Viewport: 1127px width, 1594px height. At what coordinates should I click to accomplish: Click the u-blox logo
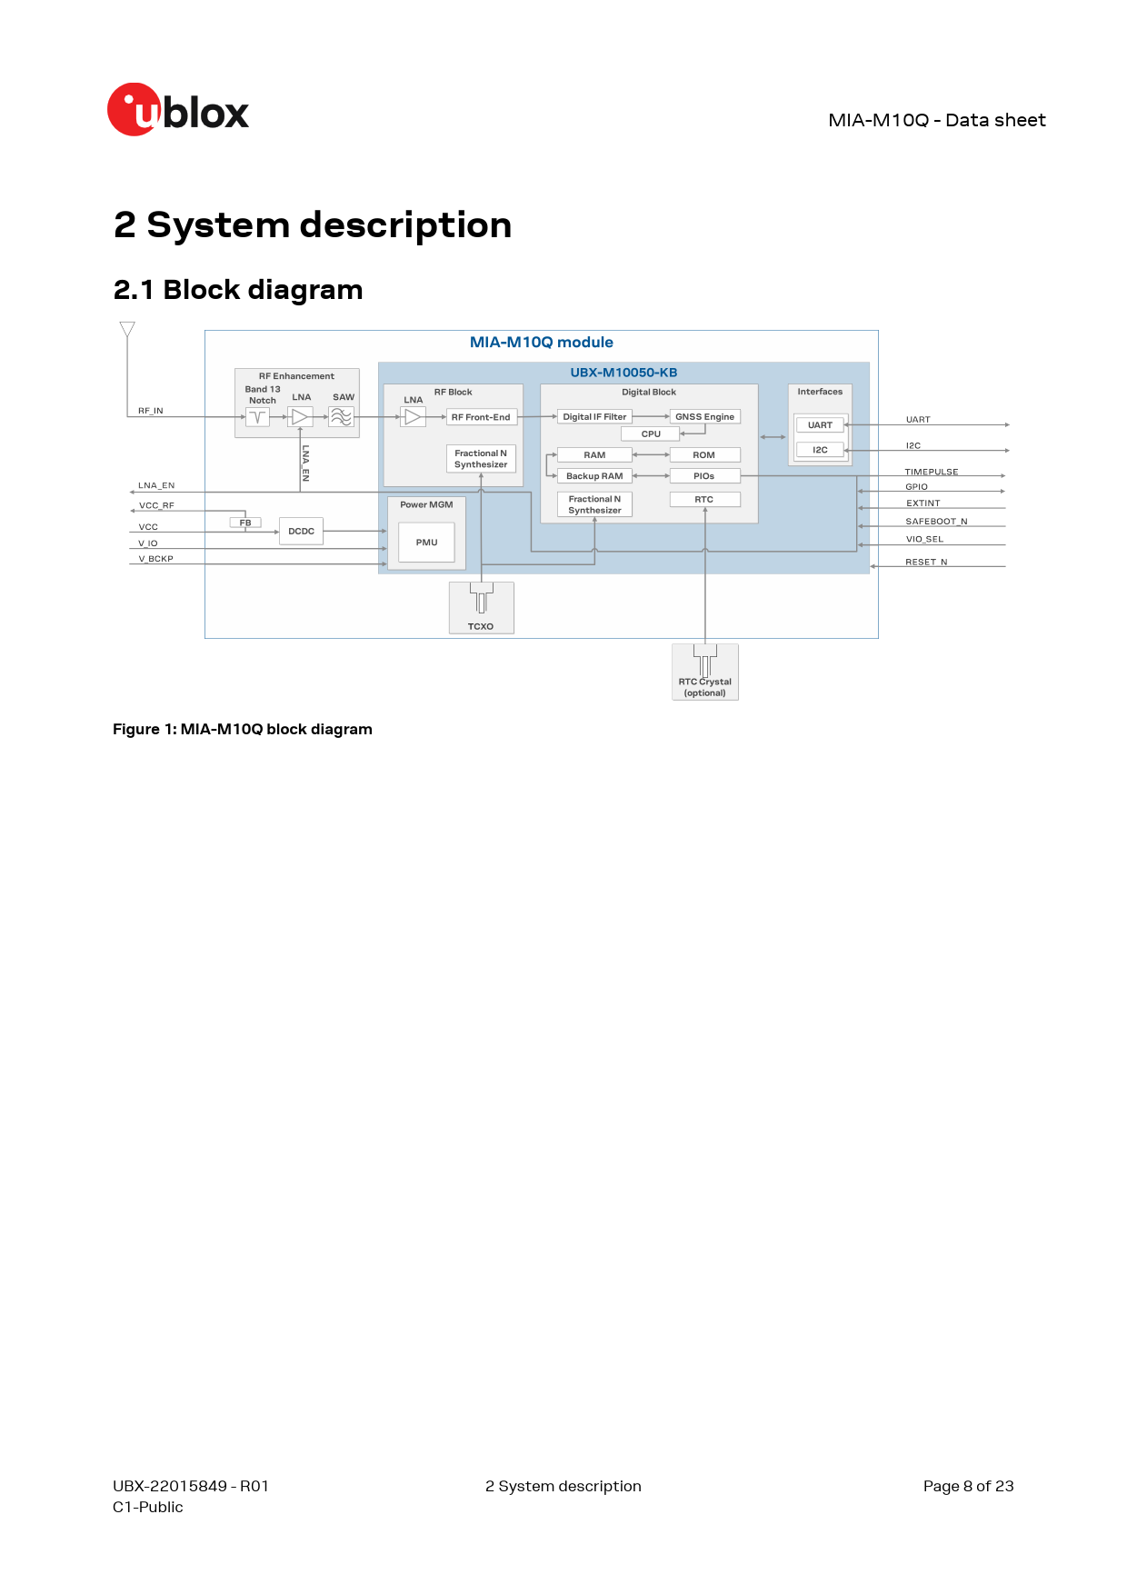point(178,110)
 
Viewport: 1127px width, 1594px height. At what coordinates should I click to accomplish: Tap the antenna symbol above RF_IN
point(127,329)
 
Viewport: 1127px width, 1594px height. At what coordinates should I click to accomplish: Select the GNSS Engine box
point(704,417)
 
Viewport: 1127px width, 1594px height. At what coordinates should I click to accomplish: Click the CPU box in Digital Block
point(651,434)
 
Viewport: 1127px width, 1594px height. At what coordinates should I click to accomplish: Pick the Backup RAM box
point(594,476)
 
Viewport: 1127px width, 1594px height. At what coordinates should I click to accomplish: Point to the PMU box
point(426,543)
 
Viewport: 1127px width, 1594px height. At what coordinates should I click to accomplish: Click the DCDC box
point(301,532)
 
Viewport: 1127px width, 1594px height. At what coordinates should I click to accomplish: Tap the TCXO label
point(481,627)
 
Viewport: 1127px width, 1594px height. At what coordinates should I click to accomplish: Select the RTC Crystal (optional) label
point(705,687)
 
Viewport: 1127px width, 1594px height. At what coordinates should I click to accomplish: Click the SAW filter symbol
point(341,417)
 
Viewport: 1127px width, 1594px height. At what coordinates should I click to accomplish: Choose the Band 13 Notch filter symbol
point(258,417)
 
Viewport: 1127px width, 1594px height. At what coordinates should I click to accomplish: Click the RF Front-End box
point(481,417)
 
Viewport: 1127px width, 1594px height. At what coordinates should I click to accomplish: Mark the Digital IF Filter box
point(594,417)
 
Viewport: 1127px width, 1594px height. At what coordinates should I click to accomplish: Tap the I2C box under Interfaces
point(820,450)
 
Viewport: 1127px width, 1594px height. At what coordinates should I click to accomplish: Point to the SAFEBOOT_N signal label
point(936,522)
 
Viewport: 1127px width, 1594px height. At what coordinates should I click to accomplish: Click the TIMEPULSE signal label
point(932,472)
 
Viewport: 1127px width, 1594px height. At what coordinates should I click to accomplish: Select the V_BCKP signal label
point(155,559)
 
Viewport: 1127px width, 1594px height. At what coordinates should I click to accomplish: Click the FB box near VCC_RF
point(245,523)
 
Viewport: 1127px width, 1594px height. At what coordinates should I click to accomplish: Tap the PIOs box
point(704,476)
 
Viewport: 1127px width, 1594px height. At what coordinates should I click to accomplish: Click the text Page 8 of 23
point(968,1486)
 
